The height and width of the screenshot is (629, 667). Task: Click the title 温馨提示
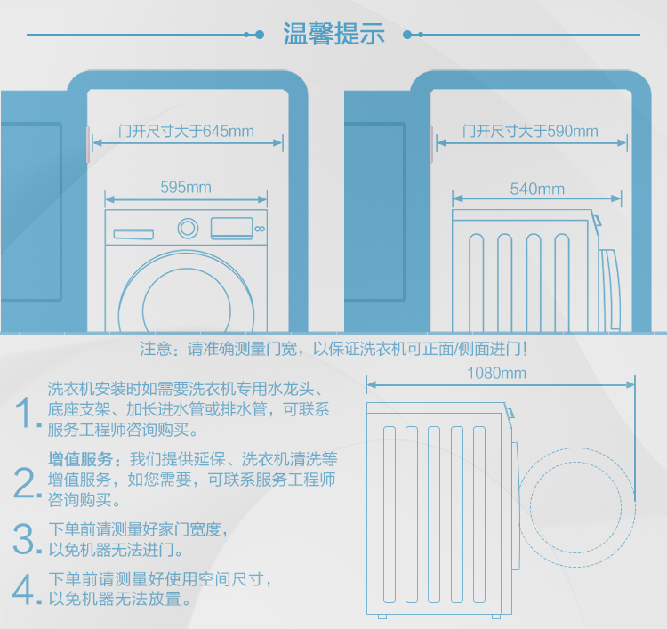tap(333, 35)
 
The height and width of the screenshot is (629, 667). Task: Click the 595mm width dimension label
tap(185, 187)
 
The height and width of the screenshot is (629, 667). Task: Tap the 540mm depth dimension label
tap(537, 188)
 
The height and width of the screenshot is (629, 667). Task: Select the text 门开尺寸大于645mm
tap(186, 132)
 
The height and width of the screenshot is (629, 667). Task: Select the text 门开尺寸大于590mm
tap(530, 132)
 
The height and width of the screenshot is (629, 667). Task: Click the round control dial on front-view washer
tap(188, 228)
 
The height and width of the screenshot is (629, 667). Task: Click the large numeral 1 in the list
tap(28, 412)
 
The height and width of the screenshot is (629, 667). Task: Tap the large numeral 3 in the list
tap(27, 537)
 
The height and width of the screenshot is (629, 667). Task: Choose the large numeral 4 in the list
tap(27, 588)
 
